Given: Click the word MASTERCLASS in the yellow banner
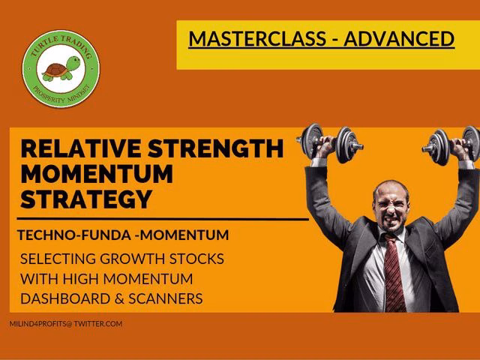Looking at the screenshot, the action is tap(257, 38).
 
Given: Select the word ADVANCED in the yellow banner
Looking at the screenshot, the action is tap(399, 38).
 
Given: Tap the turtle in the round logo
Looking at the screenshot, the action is tap(61, 68).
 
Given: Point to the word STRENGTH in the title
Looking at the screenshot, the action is tap(216, 148).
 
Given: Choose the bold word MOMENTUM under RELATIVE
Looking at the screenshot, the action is tap(97, 173).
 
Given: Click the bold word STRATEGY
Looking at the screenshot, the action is tap(86, 199).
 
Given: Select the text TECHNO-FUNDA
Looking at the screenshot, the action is tap(74, 235).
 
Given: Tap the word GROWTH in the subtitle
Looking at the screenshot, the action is tap(133, 259).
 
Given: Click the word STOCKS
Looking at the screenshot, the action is tap(196, 259).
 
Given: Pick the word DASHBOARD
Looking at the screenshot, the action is tap(65, 298).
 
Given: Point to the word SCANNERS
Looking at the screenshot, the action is tap(166, 298).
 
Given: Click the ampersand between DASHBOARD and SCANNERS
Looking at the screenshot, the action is tap(119, 299).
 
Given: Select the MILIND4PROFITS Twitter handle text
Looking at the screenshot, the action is tap(66, 323).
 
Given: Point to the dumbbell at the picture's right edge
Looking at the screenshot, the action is tap(451, 145).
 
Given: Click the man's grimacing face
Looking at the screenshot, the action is tap(391, 208).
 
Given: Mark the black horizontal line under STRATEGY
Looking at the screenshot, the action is tap(163, 219).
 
